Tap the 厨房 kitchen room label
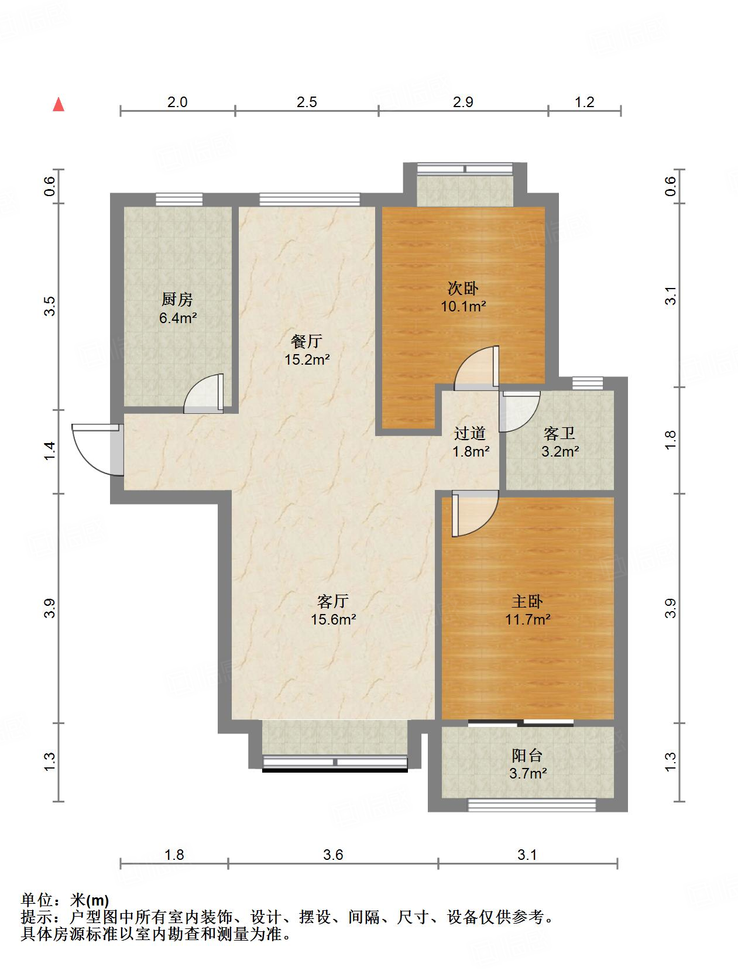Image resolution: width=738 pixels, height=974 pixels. (177, 300)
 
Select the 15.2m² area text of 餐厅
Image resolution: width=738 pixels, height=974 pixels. (307, 359)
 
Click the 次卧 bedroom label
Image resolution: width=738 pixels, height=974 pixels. (463, 288)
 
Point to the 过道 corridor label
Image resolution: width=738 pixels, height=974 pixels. (470, 434)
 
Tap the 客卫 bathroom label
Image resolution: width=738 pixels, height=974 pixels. (559, 434)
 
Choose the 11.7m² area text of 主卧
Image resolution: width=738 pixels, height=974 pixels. (527, 619)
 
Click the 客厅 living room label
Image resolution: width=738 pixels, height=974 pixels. (333, 601)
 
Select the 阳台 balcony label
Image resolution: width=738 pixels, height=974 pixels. (527, 756)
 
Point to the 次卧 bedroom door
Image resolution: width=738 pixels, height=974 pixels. (477, 369)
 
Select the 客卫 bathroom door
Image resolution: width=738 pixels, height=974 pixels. (518, 410)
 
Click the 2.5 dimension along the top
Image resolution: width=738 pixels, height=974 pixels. (307, 102)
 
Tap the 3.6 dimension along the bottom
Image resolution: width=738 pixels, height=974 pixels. (333, 855)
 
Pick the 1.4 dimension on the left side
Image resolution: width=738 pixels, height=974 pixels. (50, 450)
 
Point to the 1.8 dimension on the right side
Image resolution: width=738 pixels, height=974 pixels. (671, 440)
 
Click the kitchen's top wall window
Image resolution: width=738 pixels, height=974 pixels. (179, 200)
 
